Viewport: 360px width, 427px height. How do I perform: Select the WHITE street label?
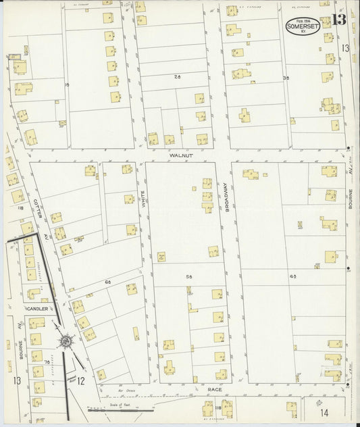tap(144, 197)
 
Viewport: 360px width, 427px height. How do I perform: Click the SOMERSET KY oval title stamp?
tap(303, 25)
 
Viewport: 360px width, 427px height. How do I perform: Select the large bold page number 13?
tap(338, 19)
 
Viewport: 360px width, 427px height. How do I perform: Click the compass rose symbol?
tap(66, 342)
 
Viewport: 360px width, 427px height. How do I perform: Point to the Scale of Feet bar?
tap(122, 409)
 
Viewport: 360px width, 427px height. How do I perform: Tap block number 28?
tap(177, 78)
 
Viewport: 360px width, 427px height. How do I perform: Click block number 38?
tap(286, 78)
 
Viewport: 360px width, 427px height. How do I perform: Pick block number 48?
tap(293, 278)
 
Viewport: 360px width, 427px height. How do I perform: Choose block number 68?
tap(107, 280)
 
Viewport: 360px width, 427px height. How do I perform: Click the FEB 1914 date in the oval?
tap(303, 20)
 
